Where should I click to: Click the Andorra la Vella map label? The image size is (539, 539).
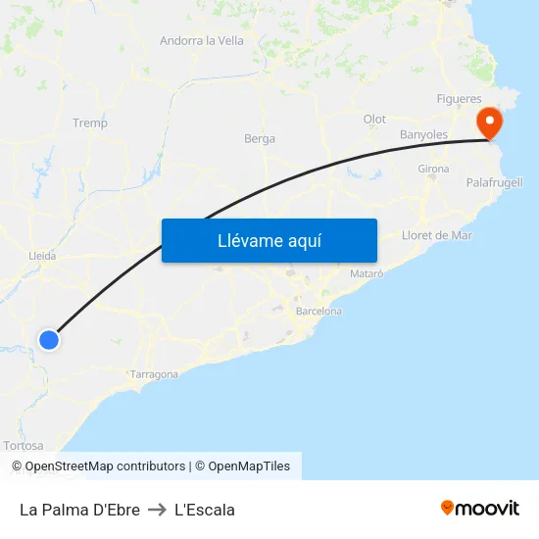202,41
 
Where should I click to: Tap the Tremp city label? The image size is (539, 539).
90,123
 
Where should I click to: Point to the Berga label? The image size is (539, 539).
260,139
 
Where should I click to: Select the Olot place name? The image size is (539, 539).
374,120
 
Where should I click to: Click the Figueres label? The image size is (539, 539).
459,99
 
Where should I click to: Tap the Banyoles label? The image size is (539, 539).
423,134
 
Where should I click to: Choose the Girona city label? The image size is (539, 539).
433,170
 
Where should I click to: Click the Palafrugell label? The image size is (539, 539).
495,183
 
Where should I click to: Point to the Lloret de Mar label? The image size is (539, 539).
437,235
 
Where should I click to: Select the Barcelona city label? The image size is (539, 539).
318,312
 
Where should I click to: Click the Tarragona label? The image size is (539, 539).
154,374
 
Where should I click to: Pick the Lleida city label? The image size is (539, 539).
42,256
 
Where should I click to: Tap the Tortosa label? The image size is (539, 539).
24,446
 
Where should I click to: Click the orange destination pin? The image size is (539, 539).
487,122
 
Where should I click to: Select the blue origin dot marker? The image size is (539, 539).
49,340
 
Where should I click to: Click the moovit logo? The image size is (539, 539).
480,509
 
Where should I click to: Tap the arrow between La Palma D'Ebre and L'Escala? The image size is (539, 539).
157,510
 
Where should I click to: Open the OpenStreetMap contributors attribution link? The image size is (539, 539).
105,466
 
